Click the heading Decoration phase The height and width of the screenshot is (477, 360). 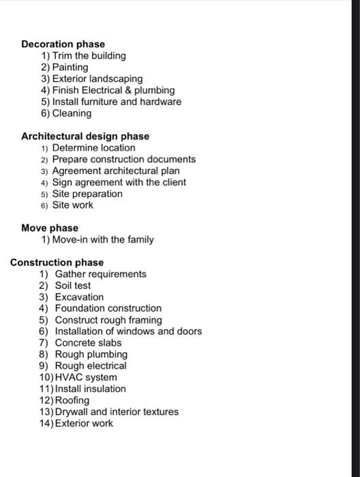(x=63, y=44)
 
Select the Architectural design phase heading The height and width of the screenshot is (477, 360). (x=85, y=136)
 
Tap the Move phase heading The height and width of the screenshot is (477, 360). (x=50, y=228)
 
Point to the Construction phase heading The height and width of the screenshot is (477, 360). (x=57, y=262)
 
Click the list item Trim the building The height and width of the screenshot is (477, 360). (x=89, y=56)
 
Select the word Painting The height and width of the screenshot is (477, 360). (x=70, y=67)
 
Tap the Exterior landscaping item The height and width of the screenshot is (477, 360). (x=97, y=79)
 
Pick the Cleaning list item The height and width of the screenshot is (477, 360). (x=72, y=113)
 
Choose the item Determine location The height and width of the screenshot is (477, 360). (x=93, y=148)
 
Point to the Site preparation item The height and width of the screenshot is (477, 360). (x=87, y=194)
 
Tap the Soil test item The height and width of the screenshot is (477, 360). (x=72, y=286)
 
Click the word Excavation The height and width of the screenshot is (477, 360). (x=79, y=297)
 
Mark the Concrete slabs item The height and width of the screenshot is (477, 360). (x=88, y=343)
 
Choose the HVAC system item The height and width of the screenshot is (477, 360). (x=85, y=378)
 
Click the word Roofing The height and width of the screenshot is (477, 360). (x=72, y=400)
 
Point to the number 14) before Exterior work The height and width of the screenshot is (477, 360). (x=46, y=423)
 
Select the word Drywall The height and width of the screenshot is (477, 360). (x=71, y=412)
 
